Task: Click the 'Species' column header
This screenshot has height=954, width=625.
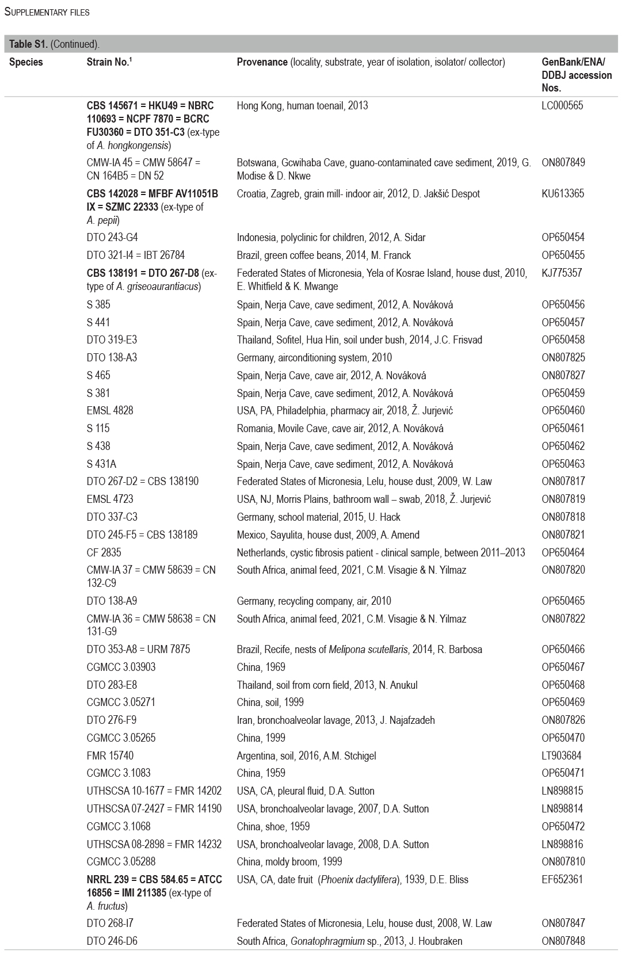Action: [x=26, y=62]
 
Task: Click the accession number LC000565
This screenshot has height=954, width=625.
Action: [x=562, y=106]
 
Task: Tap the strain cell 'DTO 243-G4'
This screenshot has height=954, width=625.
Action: [x=112, y=238]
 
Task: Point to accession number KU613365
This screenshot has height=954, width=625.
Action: [x=562, y=194]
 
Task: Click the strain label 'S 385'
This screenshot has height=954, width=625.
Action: [x=98, y=304]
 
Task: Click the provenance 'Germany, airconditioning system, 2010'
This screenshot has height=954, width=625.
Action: [x=314, y=358]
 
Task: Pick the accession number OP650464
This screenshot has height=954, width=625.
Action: [x=563, y=553]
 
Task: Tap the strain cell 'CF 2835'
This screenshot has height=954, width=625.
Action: [x=104, y=553]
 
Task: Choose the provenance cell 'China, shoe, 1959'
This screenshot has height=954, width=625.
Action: [x=273, y=827]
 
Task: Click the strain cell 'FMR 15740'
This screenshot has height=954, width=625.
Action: [x=110, y=756]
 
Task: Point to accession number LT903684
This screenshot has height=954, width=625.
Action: [x=562, y=756]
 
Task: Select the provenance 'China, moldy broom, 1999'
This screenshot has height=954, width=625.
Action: [x=289, y=862]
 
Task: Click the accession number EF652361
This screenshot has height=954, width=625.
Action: [x=562, y=880]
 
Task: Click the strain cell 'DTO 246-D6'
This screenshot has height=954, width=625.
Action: [x=112, y=941]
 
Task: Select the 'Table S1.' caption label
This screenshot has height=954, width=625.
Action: [x=28, y=44]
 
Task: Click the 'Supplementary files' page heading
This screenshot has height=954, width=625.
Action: [x=47, y=12]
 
